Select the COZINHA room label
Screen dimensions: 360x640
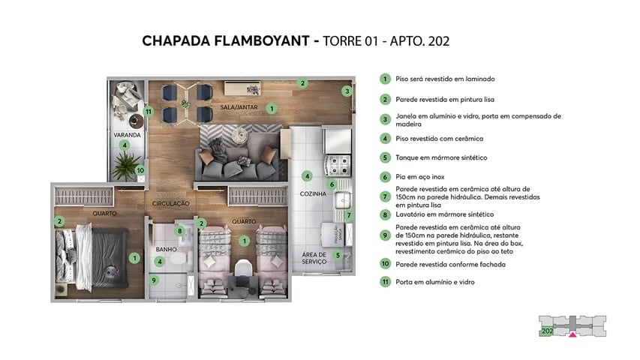(312, 193)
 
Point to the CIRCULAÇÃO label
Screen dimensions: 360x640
(170, 203)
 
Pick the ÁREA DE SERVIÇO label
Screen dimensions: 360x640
(314, 258)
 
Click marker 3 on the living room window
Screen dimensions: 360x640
(347, 91)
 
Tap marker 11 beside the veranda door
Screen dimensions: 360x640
(149, 112)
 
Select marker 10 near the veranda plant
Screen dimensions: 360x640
(140, 170)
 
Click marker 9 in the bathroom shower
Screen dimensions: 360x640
(155, 280)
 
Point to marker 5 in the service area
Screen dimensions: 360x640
(338, 255)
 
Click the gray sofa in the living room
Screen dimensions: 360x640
(234, 154)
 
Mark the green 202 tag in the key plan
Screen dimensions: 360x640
(547, 330)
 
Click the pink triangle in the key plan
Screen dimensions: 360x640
(573, 335)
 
